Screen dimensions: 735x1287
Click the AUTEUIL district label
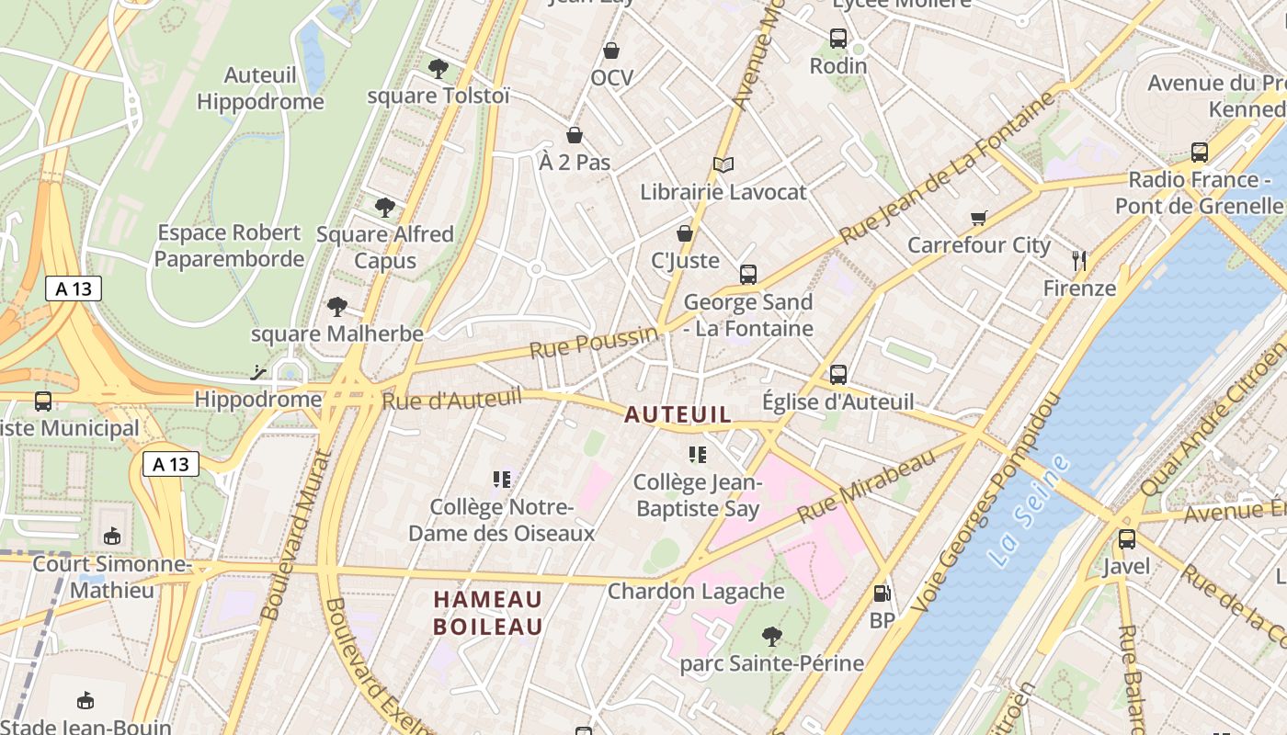[678, 415]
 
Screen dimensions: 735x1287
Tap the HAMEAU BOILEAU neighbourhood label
[488, 613]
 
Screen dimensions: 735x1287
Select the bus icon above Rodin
[838, 39]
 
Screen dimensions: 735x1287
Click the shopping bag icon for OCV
[611, 51]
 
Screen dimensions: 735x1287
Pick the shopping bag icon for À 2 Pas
[575, 136]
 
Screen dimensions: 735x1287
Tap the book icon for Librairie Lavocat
[723, 165]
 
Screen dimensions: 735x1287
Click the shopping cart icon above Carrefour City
[978, 219]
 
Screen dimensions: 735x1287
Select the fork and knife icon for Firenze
[1079, 261]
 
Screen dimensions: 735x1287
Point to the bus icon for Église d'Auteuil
[838, 375]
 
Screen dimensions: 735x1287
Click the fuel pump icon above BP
[882, 594]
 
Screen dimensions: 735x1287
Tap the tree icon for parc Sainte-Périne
[772, 636]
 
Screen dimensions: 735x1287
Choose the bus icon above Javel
[1127, 539]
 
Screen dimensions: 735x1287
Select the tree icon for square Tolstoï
[438, 68]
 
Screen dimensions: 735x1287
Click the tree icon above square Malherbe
[337, 307]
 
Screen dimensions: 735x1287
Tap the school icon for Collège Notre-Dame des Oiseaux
[502, 479]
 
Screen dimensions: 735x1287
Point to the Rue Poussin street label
[595, 343]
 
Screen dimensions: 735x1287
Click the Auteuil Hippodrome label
[260, 88]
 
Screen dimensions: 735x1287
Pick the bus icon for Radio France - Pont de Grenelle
[1200, 153]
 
